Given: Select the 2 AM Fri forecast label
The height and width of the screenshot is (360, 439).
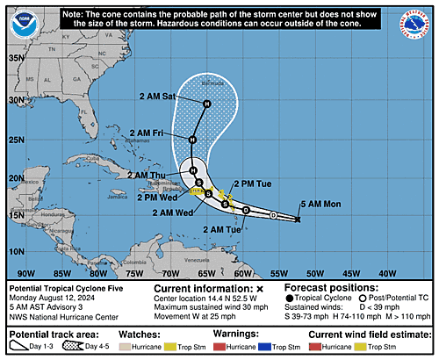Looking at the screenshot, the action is pyautogui.click(x=147, y=133).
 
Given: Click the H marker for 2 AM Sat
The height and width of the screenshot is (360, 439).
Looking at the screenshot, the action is pyautogui.click(x=207, y=104).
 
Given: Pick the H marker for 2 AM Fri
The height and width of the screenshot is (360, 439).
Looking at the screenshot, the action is pyautogui.click(x=192, y=139).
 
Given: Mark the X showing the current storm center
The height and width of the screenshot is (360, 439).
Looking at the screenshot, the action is pyautogui.click(x=299, y=219).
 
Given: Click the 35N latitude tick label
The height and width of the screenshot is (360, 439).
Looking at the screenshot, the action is pyautogui.click(x=16, y=58).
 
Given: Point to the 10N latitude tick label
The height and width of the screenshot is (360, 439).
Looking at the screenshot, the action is pyautogui.click(x=16, y=251).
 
